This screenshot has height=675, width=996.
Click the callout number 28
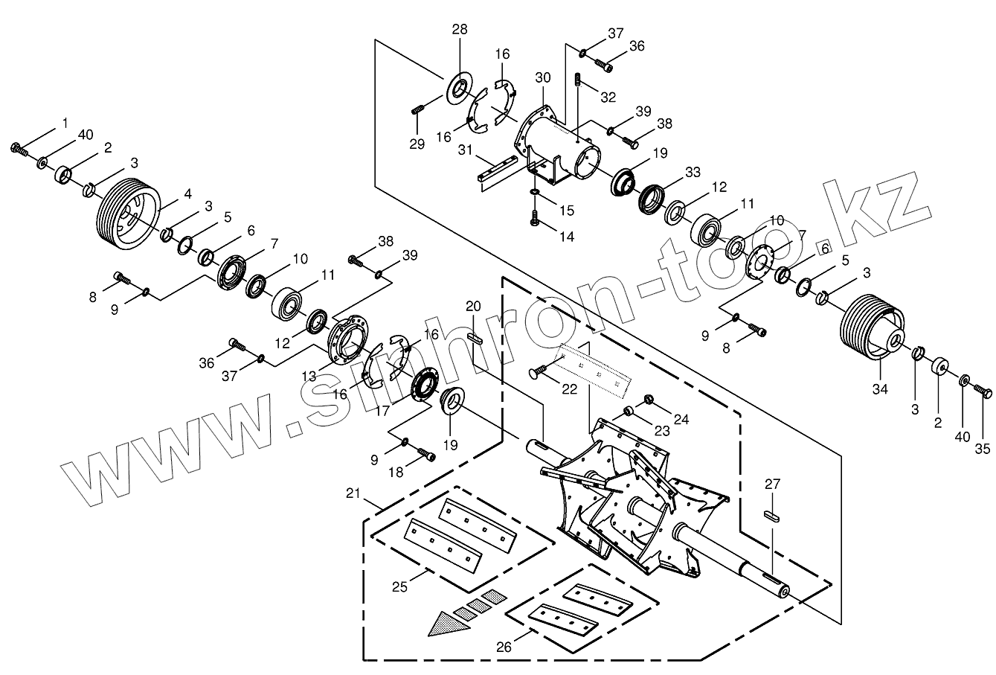459,31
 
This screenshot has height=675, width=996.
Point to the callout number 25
399,588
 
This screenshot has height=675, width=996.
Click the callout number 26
504,647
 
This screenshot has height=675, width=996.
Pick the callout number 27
773,484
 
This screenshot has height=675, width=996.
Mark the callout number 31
465,150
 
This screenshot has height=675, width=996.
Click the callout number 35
983,448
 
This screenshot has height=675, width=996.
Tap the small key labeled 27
773,515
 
